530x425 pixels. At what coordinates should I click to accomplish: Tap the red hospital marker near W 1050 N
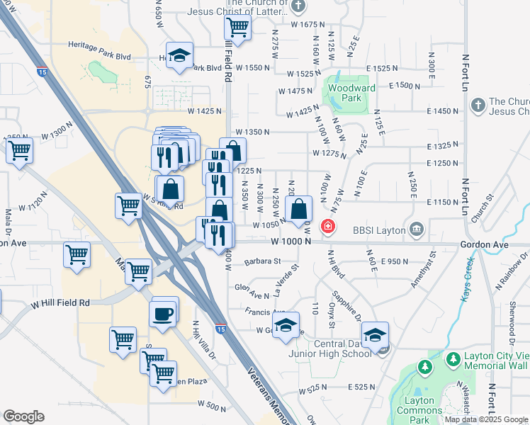click(x=329, y=227)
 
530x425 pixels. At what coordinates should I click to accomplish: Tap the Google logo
click(x=23, y=416)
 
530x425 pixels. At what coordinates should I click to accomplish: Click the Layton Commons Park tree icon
click(x=424, y=367)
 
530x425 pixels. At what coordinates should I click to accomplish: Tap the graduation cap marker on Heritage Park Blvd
click(x=180, y=56)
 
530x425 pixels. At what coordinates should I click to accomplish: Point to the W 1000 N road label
click(x=291, y=242)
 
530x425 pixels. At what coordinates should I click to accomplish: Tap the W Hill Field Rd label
click(x=60, y=302)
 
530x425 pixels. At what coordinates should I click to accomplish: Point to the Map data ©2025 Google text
click(x=486, y=419)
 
